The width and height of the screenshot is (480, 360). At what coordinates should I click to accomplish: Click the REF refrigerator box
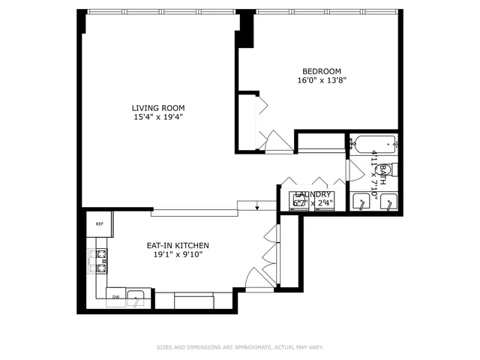point(99,223)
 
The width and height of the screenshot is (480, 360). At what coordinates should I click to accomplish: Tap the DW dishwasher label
point(115,297)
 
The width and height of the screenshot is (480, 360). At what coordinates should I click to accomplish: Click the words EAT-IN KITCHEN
point(177,245)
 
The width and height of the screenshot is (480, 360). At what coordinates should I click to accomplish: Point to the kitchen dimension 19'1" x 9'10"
point(177,255)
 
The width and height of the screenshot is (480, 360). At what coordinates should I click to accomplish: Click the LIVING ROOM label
point(158,107)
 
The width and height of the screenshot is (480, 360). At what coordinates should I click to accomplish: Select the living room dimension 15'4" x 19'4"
point(158,117)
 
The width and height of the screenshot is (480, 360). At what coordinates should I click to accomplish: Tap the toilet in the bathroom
point(392,169)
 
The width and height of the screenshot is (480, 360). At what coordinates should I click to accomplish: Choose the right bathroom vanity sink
point(388,202)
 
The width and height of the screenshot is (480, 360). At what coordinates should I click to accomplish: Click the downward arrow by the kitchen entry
point(257,206)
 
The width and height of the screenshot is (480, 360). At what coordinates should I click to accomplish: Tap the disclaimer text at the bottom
point(240,347)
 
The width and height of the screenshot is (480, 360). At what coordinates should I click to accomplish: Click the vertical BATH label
point(382,175)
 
